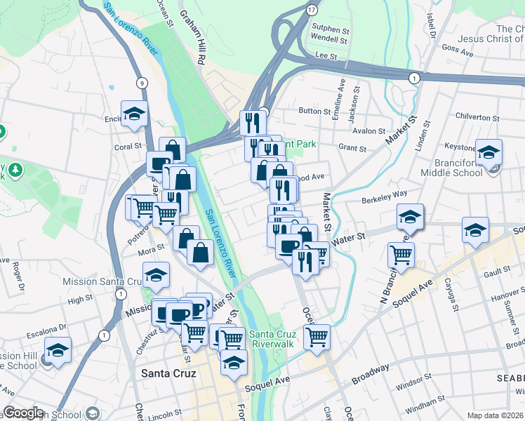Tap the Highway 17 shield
pyautogui.click(x=311, y=10)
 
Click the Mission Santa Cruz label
pyautogui.click(x=102, y=281)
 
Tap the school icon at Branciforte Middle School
pyautogui.click(x=489, y=152)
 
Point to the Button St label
pyautogui.click(x=314, y=110)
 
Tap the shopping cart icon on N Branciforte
pyautogui.click(x=401, y=255)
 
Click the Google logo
pyautogui.click(x=23, y=413)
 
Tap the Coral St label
pyautogui.click(x=128, y=147)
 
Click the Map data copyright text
pyautogui.click(x=495, y=415)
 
